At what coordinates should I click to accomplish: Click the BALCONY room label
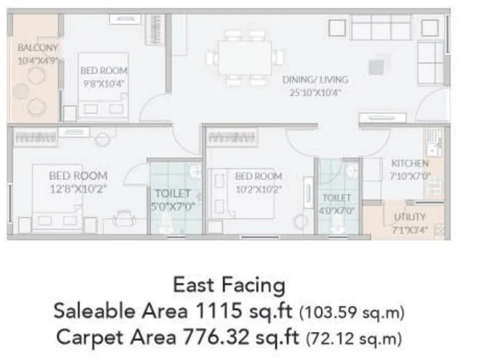(37, 48)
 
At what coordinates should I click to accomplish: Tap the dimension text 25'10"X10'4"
(315, 92)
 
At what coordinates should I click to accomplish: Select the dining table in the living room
(245, 58)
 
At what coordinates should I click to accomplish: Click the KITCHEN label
(409, 164)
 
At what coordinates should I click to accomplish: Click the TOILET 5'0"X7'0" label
(172, 193)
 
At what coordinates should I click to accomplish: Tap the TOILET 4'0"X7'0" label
(336, 198)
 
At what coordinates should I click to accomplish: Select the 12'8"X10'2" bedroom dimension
(78, 188)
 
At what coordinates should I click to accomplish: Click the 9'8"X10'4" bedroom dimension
(103, 83)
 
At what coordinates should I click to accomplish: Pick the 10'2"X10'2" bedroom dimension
(258, 188)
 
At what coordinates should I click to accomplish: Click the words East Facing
(229, 286)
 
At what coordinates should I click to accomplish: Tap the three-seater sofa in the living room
(380, 27)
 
